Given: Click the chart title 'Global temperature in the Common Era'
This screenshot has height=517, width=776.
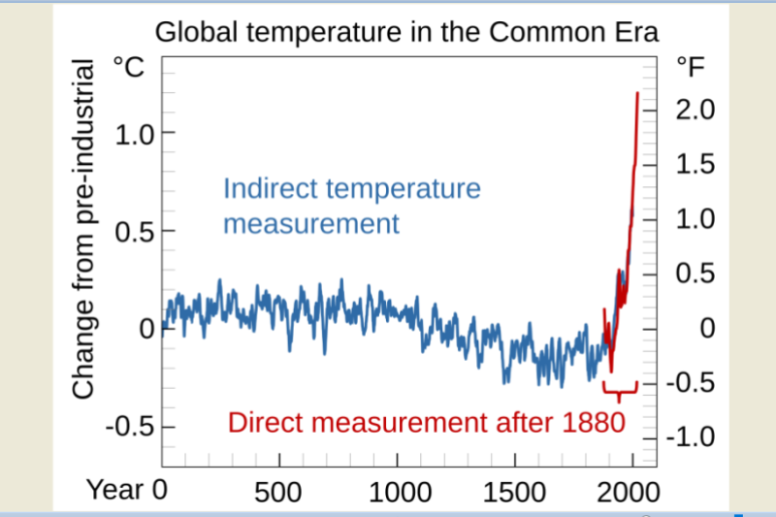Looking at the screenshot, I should [x=406, y=32].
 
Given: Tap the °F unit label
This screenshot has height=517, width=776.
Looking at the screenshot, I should [x=692, y=67].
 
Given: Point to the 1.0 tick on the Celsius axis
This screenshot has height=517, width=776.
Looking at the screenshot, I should [x=134, y=134].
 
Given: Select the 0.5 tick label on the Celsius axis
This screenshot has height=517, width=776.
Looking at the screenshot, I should [x=134, y=232].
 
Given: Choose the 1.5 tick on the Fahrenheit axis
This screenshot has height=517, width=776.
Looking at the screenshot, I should [x=695, y=165].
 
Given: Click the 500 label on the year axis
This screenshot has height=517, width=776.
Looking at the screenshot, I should [x=279, y=490].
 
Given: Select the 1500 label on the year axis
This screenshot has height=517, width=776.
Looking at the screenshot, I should [x=515, y=490].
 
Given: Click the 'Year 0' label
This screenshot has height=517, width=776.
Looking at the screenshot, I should [x=126, y=489].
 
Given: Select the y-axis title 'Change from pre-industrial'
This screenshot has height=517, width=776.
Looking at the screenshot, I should [x=83, y=229].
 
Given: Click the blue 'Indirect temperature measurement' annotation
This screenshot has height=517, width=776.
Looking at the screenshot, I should [x=351, y=206].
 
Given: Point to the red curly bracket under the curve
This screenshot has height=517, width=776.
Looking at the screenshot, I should [x=619, y=390].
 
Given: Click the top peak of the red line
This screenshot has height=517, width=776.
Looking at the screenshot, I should [x=637, y=93].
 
